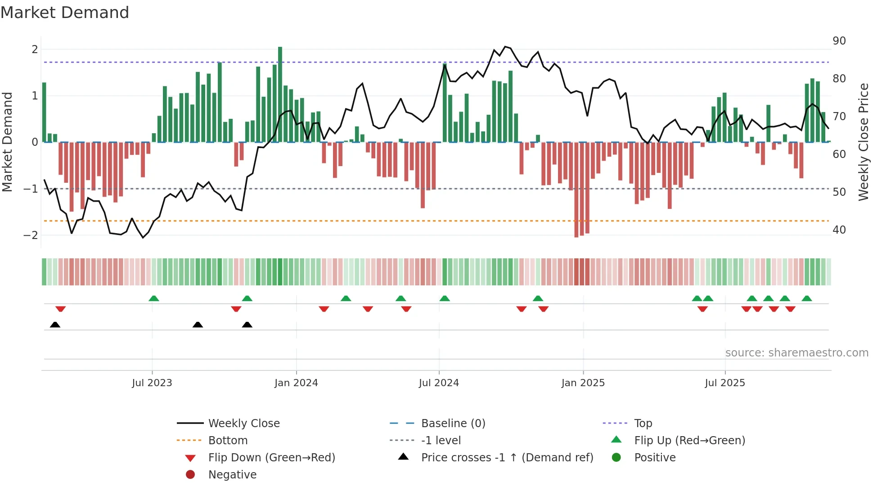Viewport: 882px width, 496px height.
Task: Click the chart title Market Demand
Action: click(x=65, y=13)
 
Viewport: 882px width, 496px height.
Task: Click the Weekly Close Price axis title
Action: click(x=863, y=142)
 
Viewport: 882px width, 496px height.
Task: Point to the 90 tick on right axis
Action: click(x=839, y=41)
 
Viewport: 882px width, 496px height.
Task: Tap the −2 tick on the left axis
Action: click(x=31, y=235)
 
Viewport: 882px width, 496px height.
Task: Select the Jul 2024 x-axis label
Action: click(x=439, y=383)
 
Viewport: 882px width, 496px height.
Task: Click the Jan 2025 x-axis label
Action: click(x=583, y=383)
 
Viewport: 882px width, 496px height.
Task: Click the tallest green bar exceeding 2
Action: click(x=280, y=94)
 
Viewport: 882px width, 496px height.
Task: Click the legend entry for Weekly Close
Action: click(x=243, y=424)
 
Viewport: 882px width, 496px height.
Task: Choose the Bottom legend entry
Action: click(x=228, y=441)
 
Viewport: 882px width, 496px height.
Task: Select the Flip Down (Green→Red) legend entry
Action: click(x=271, y=458)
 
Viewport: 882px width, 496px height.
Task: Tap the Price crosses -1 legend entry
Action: click(x=507, y=458)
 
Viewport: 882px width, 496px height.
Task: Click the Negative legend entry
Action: click(x=232, y=475)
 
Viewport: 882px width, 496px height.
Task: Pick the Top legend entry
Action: click(x=643, y=424)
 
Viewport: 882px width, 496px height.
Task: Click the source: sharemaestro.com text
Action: click(x=796, y=353)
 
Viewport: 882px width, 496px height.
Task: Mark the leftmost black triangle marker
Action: click(x=55, y=325)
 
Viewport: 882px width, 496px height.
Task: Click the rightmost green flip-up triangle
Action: click(x=806, y=298)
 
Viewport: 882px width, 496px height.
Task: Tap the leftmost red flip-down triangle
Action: click(x=60, y=309)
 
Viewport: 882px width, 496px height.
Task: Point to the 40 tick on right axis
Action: click(x=839, y=230)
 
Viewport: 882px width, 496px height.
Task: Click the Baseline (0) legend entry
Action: click(x=453, y=424)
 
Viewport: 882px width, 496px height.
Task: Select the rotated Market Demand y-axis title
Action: click(x=8, y=142)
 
